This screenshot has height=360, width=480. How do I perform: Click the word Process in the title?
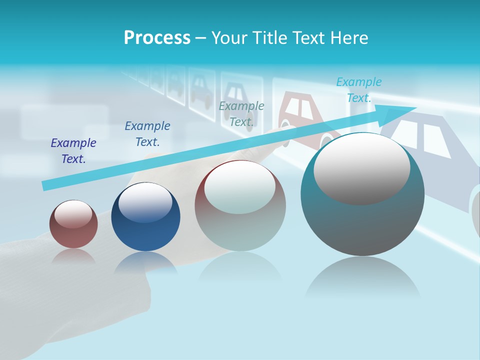coord(157,38)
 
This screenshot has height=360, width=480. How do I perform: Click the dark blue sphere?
coord(145,220)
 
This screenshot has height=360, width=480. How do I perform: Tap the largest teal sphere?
coord(362,220)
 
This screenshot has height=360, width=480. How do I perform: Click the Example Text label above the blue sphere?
coord(147,134)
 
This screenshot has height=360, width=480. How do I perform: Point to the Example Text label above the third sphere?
coord(241,113)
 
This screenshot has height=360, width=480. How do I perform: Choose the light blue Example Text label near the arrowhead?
coord(358,90)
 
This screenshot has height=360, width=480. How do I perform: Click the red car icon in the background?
coord(300,115)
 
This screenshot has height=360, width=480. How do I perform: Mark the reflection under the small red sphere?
coord(73,256)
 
